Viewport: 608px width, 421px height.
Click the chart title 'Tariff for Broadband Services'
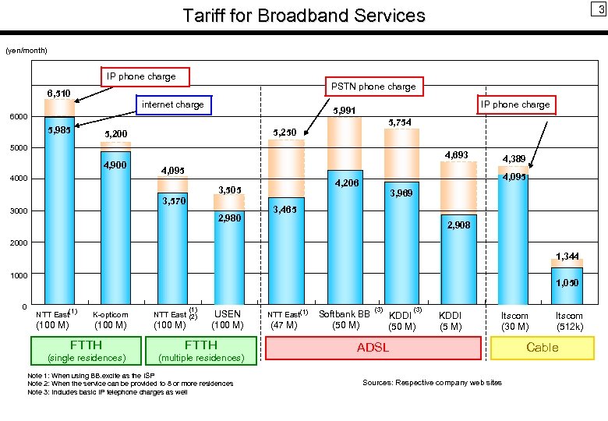pyautogui.click(x=304, y=16)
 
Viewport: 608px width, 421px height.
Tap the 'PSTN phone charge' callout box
pyautogui.click(x=373, y=87)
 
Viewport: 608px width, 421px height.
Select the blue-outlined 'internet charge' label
pyautogui.click(x=172, y=104)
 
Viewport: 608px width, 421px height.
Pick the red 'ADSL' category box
pyautogui.click(x=373, y=348)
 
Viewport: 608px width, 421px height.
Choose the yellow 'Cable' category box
pyautogui.click(x=542, y=348)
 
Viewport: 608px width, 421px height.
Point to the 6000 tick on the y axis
pyautogui.click(x=18, y=117)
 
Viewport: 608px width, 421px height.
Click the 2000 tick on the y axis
pyautogui.click(x=18, y=243)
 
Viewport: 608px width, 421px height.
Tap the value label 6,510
pyautogui.click(x=58, y=94)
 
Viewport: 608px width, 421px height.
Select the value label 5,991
pyautogui.click(x=344, y=111)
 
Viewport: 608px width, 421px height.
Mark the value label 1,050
pyautogui.click(x=566, y=283)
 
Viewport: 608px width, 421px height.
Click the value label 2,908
pyautogui.click(x=458, y=225)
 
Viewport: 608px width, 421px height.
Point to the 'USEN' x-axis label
pyautogui.click(x=228, y=314)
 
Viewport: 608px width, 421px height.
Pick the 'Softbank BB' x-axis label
pyautogui.click(x=345, y=314)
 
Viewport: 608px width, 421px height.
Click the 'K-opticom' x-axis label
pyautogui.click(x=110, y=315)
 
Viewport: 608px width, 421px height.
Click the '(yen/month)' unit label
pyautogui.click(x=27, y=51)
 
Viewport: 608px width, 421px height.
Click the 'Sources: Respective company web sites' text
pyautogui.click(x=432, y=382)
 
